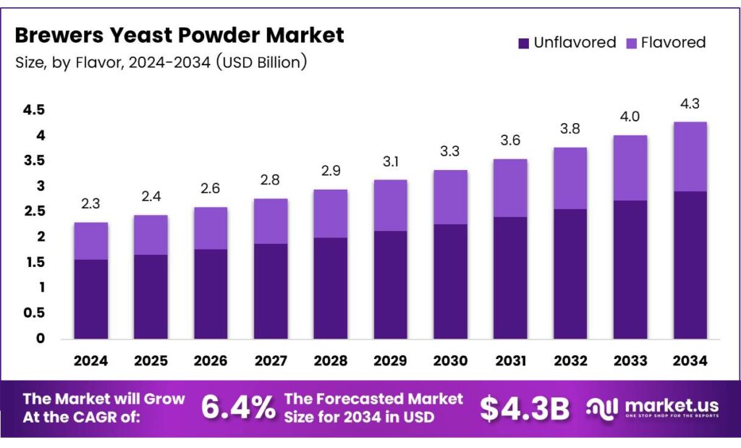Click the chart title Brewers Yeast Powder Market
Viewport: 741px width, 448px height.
[179, 35]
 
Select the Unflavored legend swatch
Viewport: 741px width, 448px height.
[524, 43]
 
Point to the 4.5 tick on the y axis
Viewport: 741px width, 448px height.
[34, 110]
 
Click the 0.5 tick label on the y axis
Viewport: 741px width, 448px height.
[34, 313]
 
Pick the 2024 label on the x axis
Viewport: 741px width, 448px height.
[91, 360]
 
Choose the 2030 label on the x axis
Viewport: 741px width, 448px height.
[450, 360]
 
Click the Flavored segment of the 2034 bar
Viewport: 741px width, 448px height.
[690, 156]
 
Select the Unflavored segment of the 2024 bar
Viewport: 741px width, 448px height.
[91, 298]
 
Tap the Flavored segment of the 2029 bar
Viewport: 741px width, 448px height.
[390, 205]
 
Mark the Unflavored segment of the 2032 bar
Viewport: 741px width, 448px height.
[569, 274]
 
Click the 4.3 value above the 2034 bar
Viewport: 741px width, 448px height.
[690, 104]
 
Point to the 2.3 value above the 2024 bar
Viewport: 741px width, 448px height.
[91, 206]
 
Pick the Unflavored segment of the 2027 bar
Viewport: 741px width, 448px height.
[271, 291]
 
